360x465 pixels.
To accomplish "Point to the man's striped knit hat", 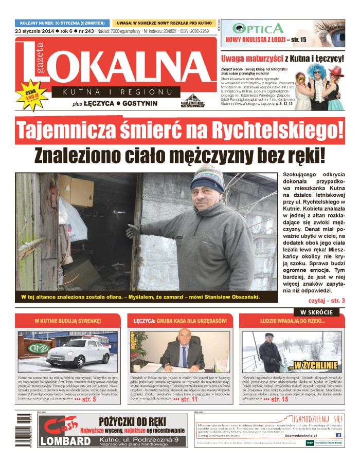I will [206, 177].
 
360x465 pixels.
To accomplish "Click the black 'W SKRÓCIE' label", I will [316, 312].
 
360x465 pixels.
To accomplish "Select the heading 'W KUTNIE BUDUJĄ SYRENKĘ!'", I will [68, 321].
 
